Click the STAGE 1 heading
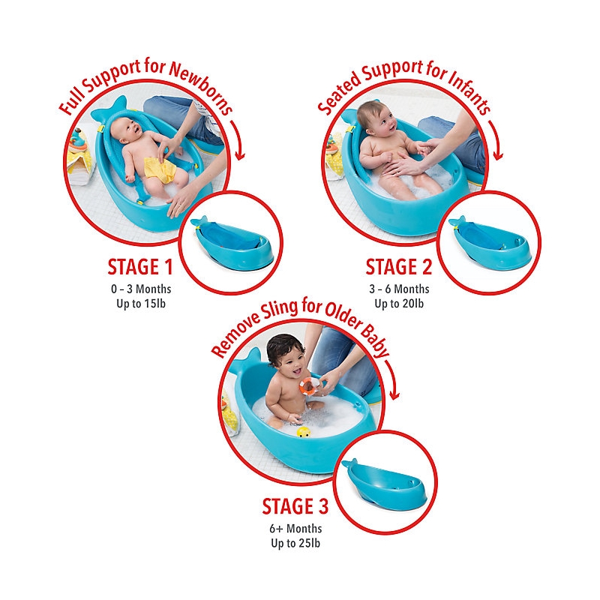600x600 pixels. click(x=140, y=267)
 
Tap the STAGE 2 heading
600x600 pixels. click(x=399, y=267)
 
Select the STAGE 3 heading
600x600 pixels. click(x=295, y=506)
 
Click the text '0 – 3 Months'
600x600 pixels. click(x=141, y=289)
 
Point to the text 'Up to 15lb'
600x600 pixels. click(x=141, y=304)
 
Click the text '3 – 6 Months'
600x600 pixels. click(x=399, y=289)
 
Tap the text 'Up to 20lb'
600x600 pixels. click(x=399, y=304)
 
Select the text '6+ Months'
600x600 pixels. click(x=295, y=529)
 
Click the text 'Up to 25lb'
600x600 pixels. click(x=295, y=543)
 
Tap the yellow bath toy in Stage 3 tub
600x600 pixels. click(x=304, y=433)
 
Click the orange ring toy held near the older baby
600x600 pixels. click(x=309, y=385)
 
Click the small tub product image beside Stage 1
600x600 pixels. click(x=232, y=243)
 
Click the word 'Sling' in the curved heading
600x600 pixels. click(x=280, y=311)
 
